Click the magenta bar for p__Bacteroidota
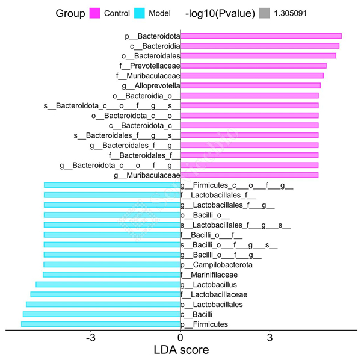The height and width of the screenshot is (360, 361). (261, 36)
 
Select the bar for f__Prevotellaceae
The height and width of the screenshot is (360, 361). (253, 66)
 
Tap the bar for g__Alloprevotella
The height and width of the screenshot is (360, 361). (250, 85)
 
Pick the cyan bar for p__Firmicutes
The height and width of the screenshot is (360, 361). (100, 324)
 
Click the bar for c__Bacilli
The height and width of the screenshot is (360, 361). (102, 314)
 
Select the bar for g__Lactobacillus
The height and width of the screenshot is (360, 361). (108, 284)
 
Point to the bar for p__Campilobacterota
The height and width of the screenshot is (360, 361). (112, 264)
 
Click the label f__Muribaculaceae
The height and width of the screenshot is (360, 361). (149, 76)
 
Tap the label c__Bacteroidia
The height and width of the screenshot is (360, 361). (154, 46)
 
